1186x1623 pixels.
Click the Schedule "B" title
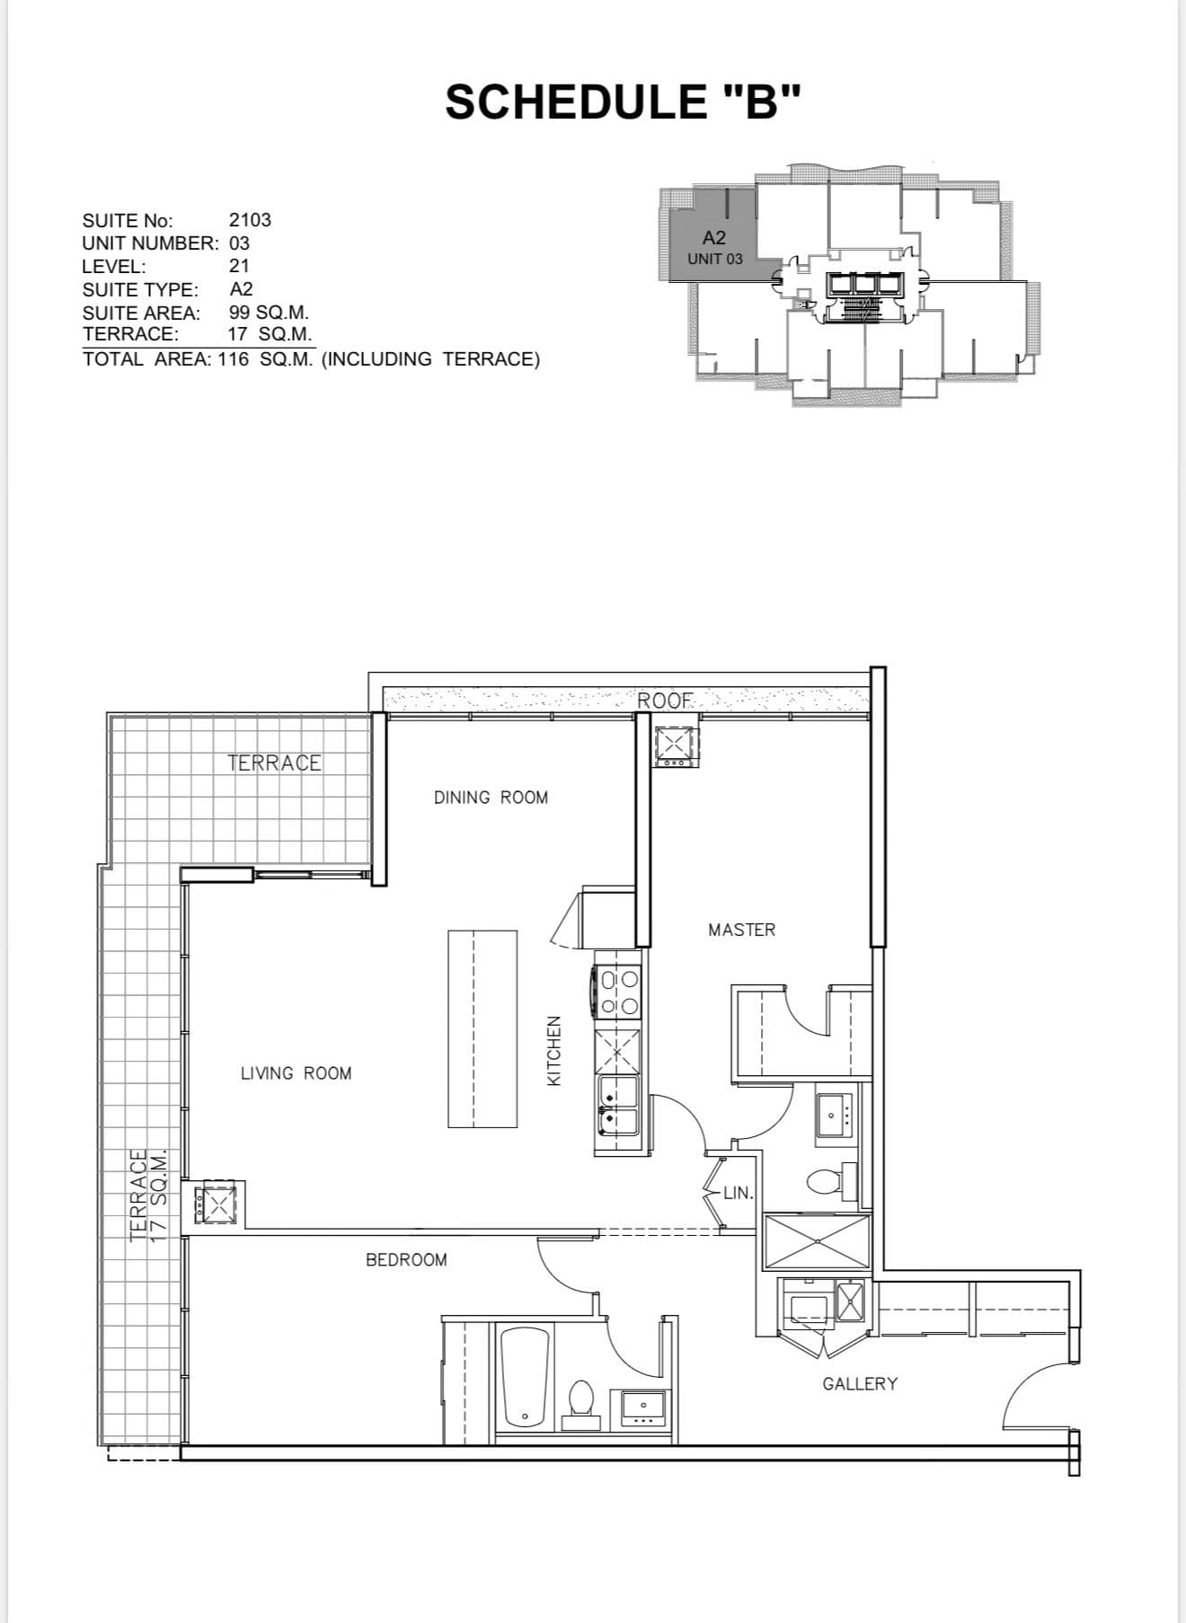[x=622, y=101]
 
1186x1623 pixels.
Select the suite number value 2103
[x=250, y=220]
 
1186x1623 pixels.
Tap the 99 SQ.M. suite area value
[x=269, y=313]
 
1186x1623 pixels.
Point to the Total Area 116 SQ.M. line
[x=311, y=359]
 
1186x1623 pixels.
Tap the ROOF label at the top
[x=666, y=701]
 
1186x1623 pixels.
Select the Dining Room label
[x=491, y=798]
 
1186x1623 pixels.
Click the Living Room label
[x=296, y=1073]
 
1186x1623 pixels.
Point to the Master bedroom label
[x=741, y=931]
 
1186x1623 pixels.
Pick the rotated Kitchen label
[x=554, y=1051]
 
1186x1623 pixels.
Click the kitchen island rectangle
[x=482, y=1028]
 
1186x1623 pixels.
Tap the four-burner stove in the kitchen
[x=618, y=992]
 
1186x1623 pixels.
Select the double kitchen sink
[x=617, y=1105]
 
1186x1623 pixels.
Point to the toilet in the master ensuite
[x=826, y=1180]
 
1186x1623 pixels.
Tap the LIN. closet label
[x=738, y=1193]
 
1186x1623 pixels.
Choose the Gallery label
[x=860, y=1384]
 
